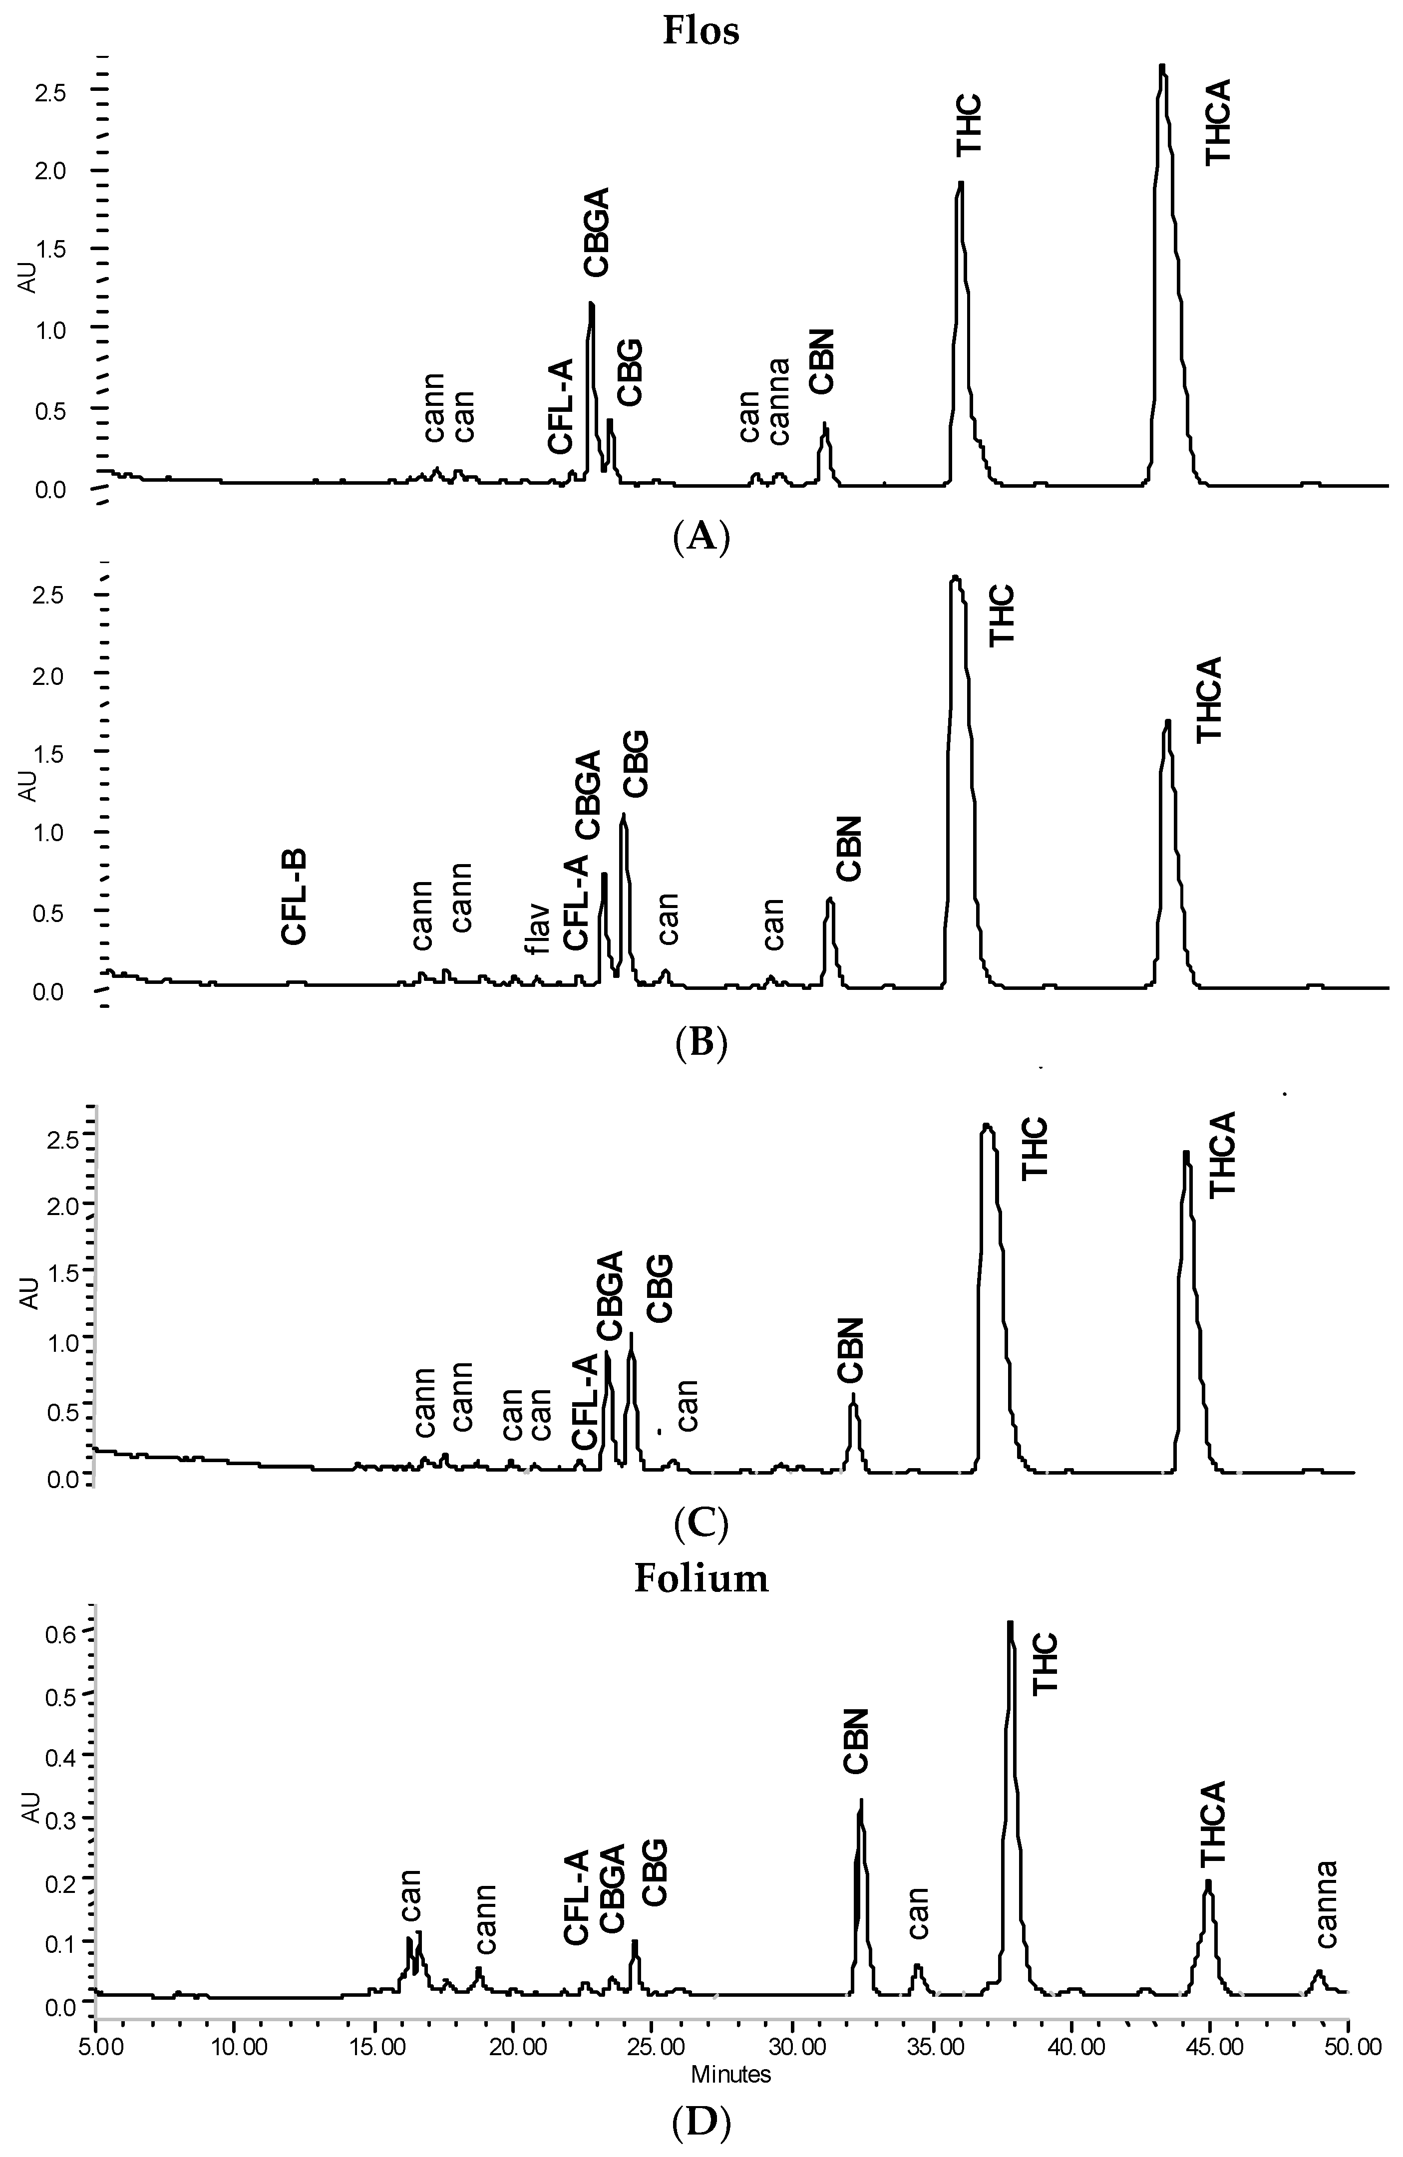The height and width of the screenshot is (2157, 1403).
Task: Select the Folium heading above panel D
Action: [x=701, y=1578]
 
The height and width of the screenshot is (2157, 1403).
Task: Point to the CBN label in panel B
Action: [x=849, y=848]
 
